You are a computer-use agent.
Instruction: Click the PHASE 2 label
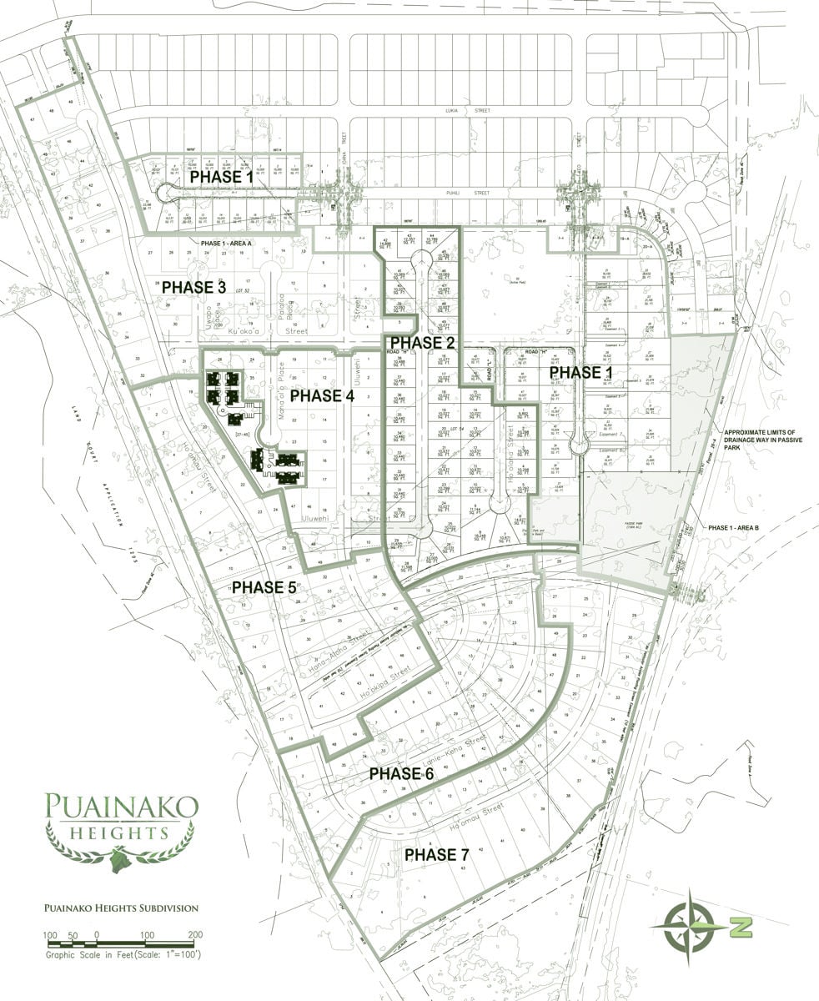[422, 342]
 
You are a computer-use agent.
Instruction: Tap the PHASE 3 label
[193, 287]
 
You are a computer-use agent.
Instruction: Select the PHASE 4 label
[322, 395]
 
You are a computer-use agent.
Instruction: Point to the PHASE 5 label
[264, 587]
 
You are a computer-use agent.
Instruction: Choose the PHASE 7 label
[436, 855]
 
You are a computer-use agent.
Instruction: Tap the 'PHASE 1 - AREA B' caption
[737, 528]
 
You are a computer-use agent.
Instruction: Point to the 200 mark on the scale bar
[196, 934]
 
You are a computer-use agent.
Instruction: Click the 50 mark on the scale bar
[73, 934]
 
